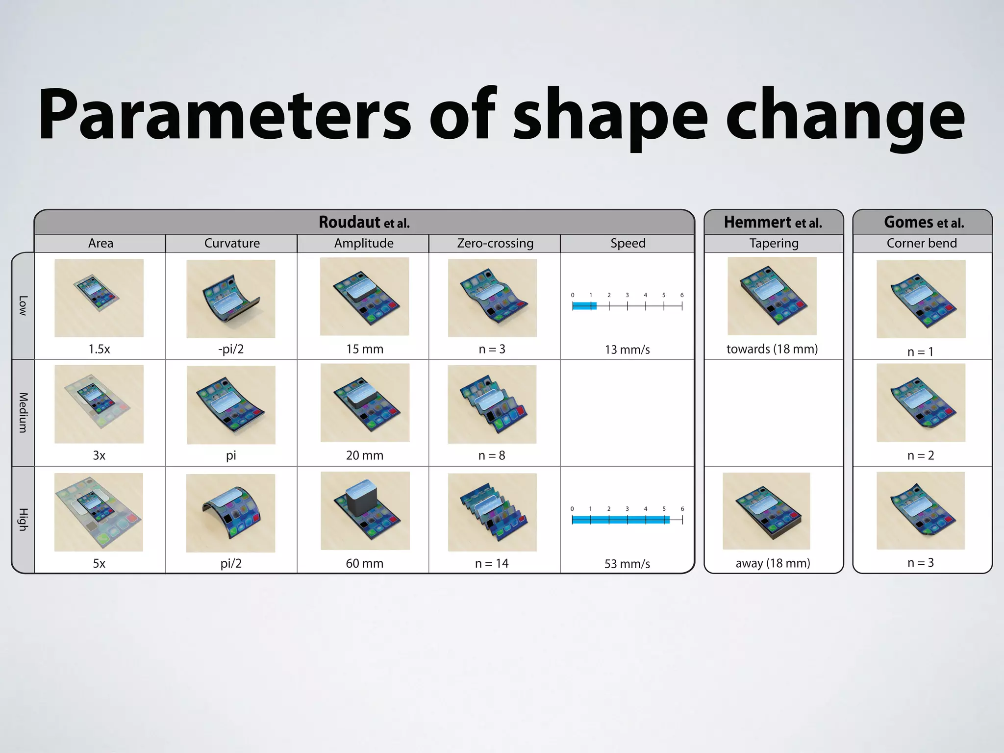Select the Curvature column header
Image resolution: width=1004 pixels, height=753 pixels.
coord(232,243)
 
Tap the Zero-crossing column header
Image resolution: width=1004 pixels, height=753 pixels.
coord(495,243)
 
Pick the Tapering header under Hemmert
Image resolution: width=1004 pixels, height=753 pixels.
coord(774,243)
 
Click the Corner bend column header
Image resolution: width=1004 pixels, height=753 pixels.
coord(922,243)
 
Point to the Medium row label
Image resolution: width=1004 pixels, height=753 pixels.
coord(23,412)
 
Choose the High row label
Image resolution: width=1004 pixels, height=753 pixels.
coord(23,519)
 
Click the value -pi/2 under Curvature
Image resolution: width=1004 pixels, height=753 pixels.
coord(231,349)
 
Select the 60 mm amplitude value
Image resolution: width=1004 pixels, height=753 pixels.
coord(365,563)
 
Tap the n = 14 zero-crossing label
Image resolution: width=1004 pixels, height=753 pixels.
coord(492,563)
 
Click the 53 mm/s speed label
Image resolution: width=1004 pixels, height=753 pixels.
coord(627,564)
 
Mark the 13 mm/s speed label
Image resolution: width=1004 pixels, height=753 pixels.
coord(627,350)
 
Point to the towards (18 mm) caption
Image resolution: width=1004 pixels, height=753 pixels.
coord(772,349)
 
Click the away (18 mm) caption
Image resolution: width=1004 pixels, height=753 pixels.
coord(773,563)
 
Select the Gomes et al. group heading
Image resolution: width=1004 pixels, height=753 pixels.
coord(924,223)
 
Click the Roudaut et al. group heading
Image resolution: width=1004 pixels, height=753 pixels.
coord(364,223)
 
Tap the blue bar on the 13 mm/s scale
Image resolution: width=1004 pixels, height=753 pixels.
coord(584,306)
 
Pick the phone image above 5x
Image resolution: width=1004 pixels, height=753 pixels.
coord(99,512)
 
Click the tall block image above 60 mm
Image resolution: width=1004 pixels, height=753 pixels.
coord(365,510)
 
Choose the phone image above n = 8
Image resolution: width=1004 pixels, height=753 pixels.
coord(492,404)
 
